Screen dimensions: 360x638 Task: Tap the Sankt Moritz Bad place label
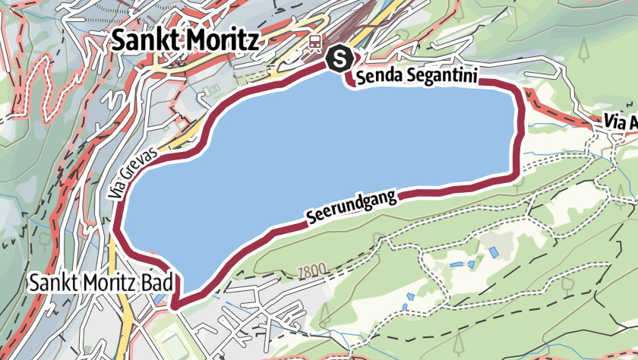click(x=99, y=283)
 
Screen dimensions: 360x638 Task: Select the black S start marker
click(x=340, y=57)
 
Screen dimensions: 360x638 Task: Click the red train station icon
click(x=313, y=43)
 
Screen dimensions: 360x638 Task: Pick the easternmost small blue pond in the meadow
click(x=495, y=251)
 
